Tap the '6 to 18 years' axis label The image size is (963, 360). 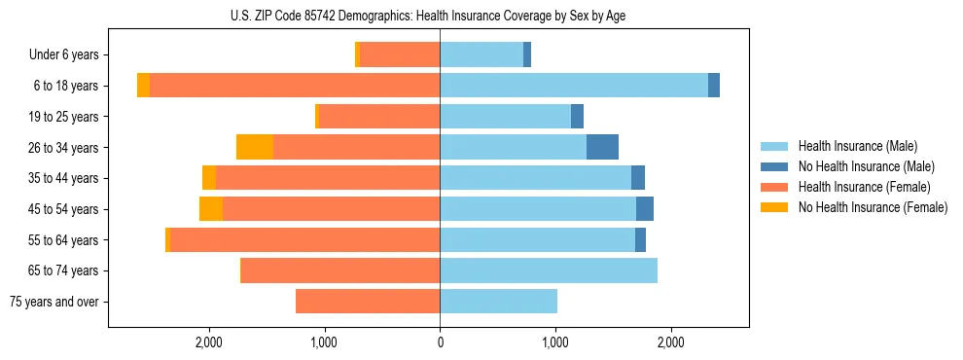[66, 86]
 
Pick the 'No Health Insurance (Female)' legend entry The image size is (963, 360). [872, 207]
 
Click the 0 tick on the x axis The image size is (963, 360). [440, 342]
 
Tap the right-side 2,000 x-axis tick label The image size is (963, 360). [670, 342]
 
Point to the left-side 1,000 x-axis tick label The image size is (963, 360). [324, 342]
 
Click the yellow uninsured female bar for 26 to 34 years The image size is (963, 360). [255, 147]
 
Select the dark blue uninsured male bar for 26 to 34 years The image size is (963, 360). [602, 147]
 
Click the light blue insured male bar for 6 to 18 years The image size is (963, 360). [574, 86]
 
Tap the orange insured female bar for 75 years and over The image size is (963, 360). [368, 302]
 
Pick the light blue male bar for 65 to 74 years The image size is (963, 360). [549, 270]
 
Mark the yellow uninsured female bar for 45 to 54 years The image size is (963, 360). [211, 209]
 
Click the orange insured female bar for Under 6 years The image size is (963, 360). [400, 54]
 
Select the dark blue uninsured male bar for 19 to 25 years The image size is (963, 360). [577, 117]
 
